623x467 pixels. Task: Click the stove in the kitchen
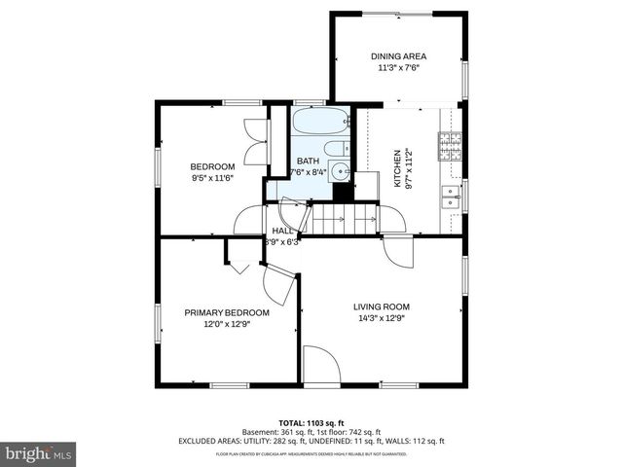pos(450,145)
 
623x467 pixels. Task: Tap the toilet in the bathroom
pos(336,150)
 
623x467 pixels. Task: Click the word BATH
pos(308,162)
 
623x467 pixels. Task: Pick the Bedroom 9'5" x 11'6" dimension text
pos(211,178)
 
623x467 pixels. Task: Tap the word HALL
pos(283,231)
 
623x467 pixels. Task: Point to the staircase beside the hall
pos(346,223)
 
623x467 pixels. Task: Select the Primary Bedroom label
pos(227,312)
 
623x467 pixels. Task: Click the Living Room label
pos(381,306)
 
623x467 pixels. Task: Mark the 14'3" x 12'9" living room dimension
pos(381,318)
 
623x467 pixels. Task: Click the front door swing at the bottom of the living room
pos(320,369)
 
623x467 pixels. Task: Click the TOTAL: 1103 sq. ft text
pos(311,423)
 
